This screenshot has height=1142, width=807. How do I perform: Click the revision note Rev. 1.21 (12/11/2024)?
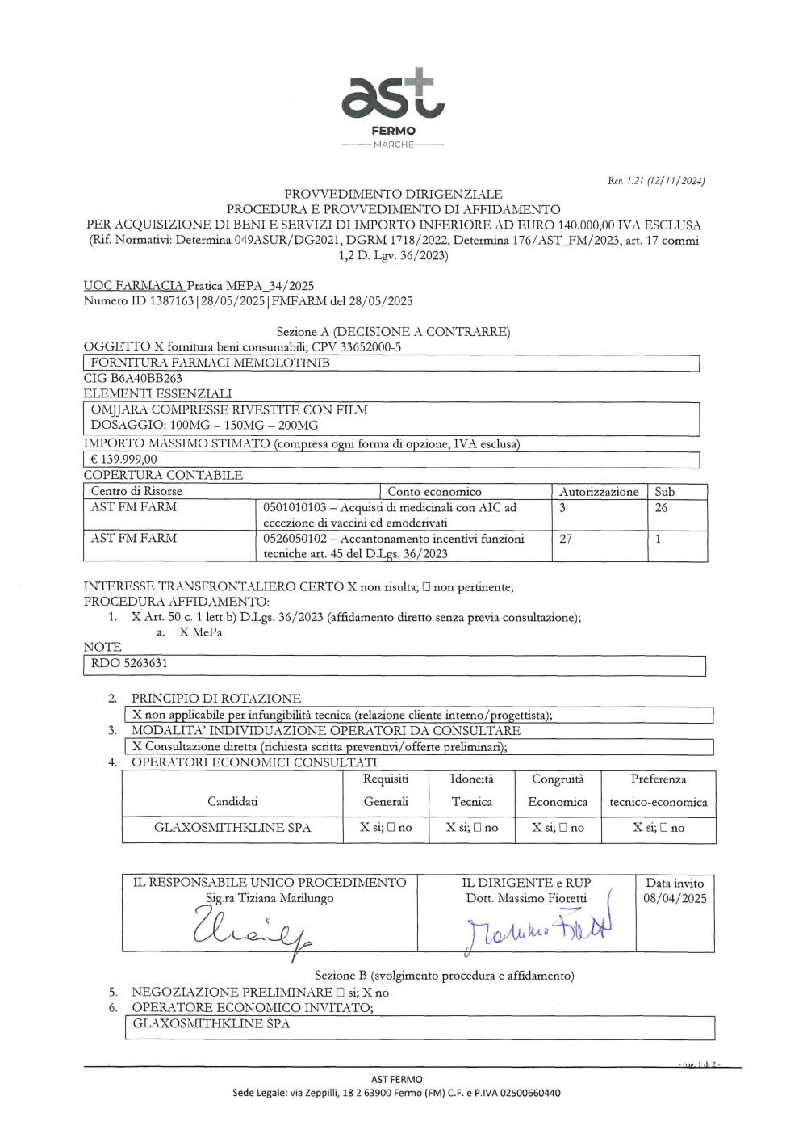click(x=656, y=181)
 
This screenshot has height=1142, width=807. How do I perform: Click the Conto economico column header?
click(x=434, y=491)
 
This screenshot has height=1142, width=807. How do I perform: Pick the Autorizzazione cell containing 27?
click(x=566, y=539)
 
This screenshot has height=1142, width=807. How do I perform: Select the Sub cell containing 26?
click(x=661, y=508)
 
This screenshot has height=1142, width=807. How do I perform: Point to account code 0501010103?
click(x=295, y=508)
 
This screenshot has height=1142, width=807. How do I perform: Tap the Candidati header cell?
click(x=232, y=801)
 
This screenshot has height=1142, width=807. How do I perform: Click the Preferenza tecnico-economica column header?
click(x=658, y=791)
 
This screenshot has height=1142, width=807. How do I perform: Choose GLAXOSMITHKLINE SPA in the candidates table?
click(x=232, y=828)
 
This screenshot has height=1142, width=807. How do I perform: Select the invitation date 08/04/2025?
click(x=675, y=898)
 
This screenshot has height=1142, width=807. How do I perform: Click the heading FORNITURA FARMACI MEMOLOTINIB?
click(x=210, y=363)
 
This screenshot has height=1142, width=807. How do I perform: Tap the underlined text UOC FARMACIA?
click(x=133, y=286)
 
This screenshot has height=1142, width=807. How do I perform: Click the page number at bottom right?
click(x=698, y=1065)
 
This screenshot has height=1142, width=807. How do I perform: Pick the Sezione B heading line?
click(x=444, y=976)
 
